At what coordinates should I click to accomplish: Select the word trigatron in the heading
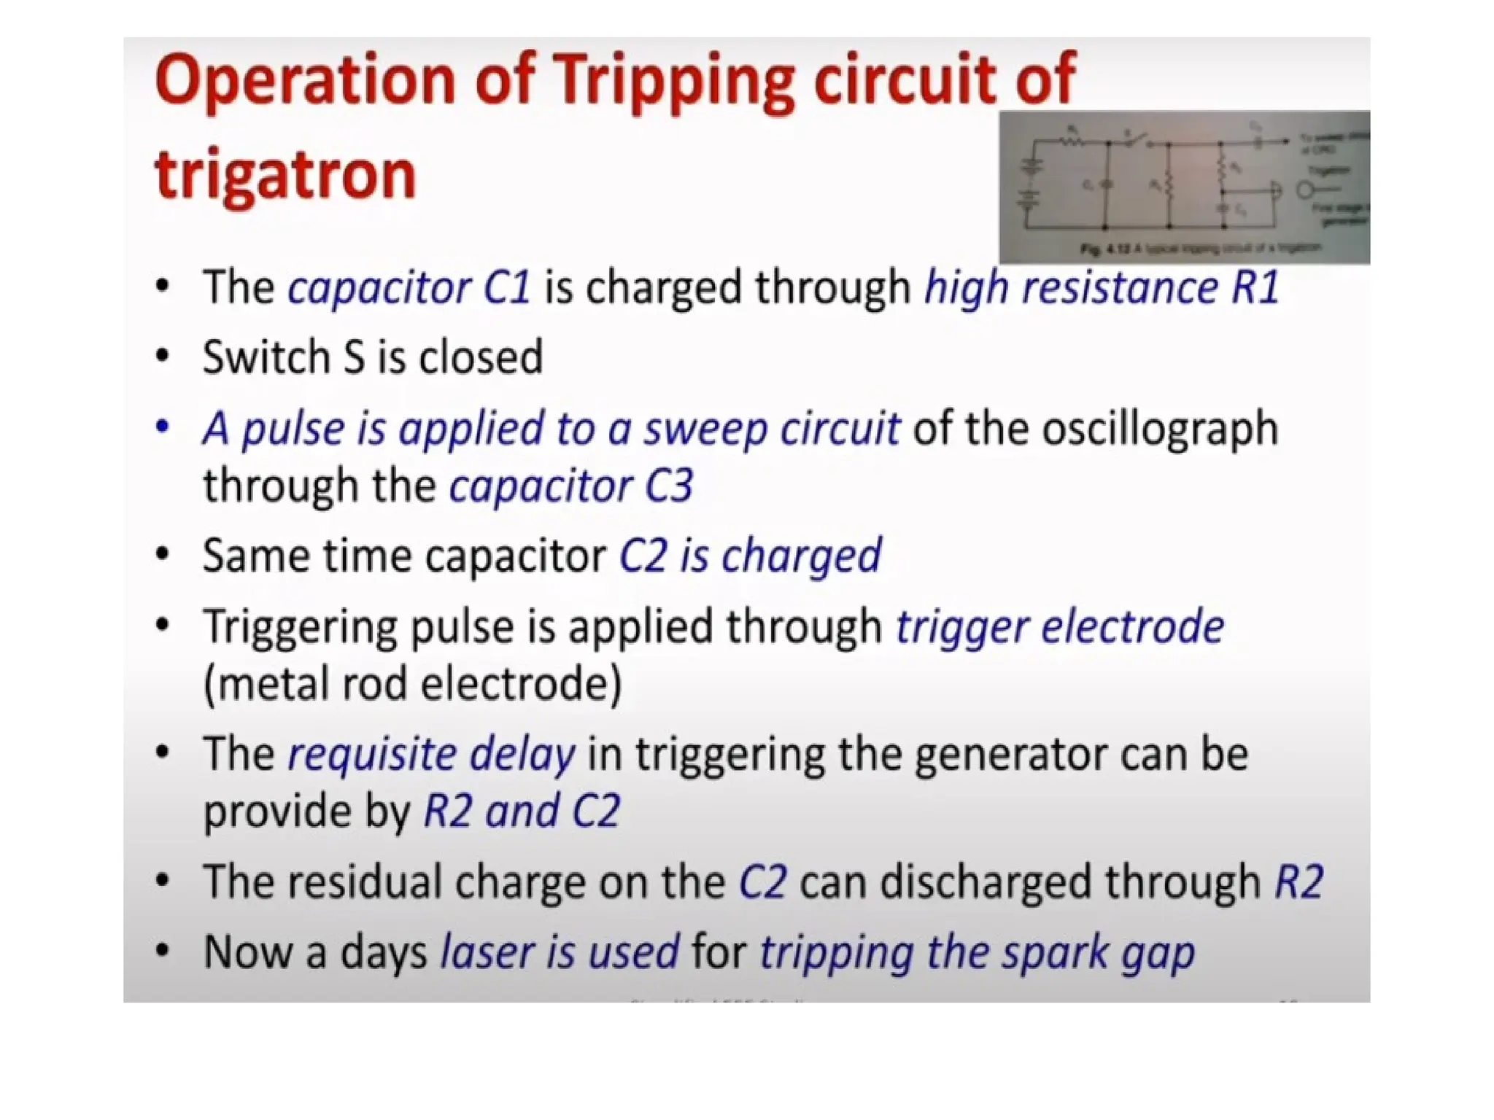pyautogui.click(x=285, y=175)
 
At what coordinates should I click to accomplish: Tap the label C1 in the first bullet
pyautogui.click(x=507, y=287)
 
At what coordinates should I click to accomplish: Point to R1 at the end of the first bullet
pyautogui.click(x=1255, y=287)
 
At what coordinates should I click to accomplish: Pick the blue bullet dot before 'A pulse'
pyautogui.click(x=163, y=427)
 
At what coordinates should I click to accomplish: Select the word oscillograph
pyautogui.click(x=1159, y=428)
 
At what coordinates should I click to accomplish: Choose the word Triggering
pyautogui.click(x=300, y=627)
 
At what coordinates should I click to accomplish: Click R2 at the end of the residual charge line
pyautogui.click(x=1298, y=882)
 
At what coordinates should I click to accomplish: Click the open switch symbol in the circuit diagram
pyautogui.click(x=1136, y=139)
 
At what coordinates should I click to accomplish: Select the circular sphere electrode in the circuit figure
pyautogui.click(x=1306, y=191)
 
